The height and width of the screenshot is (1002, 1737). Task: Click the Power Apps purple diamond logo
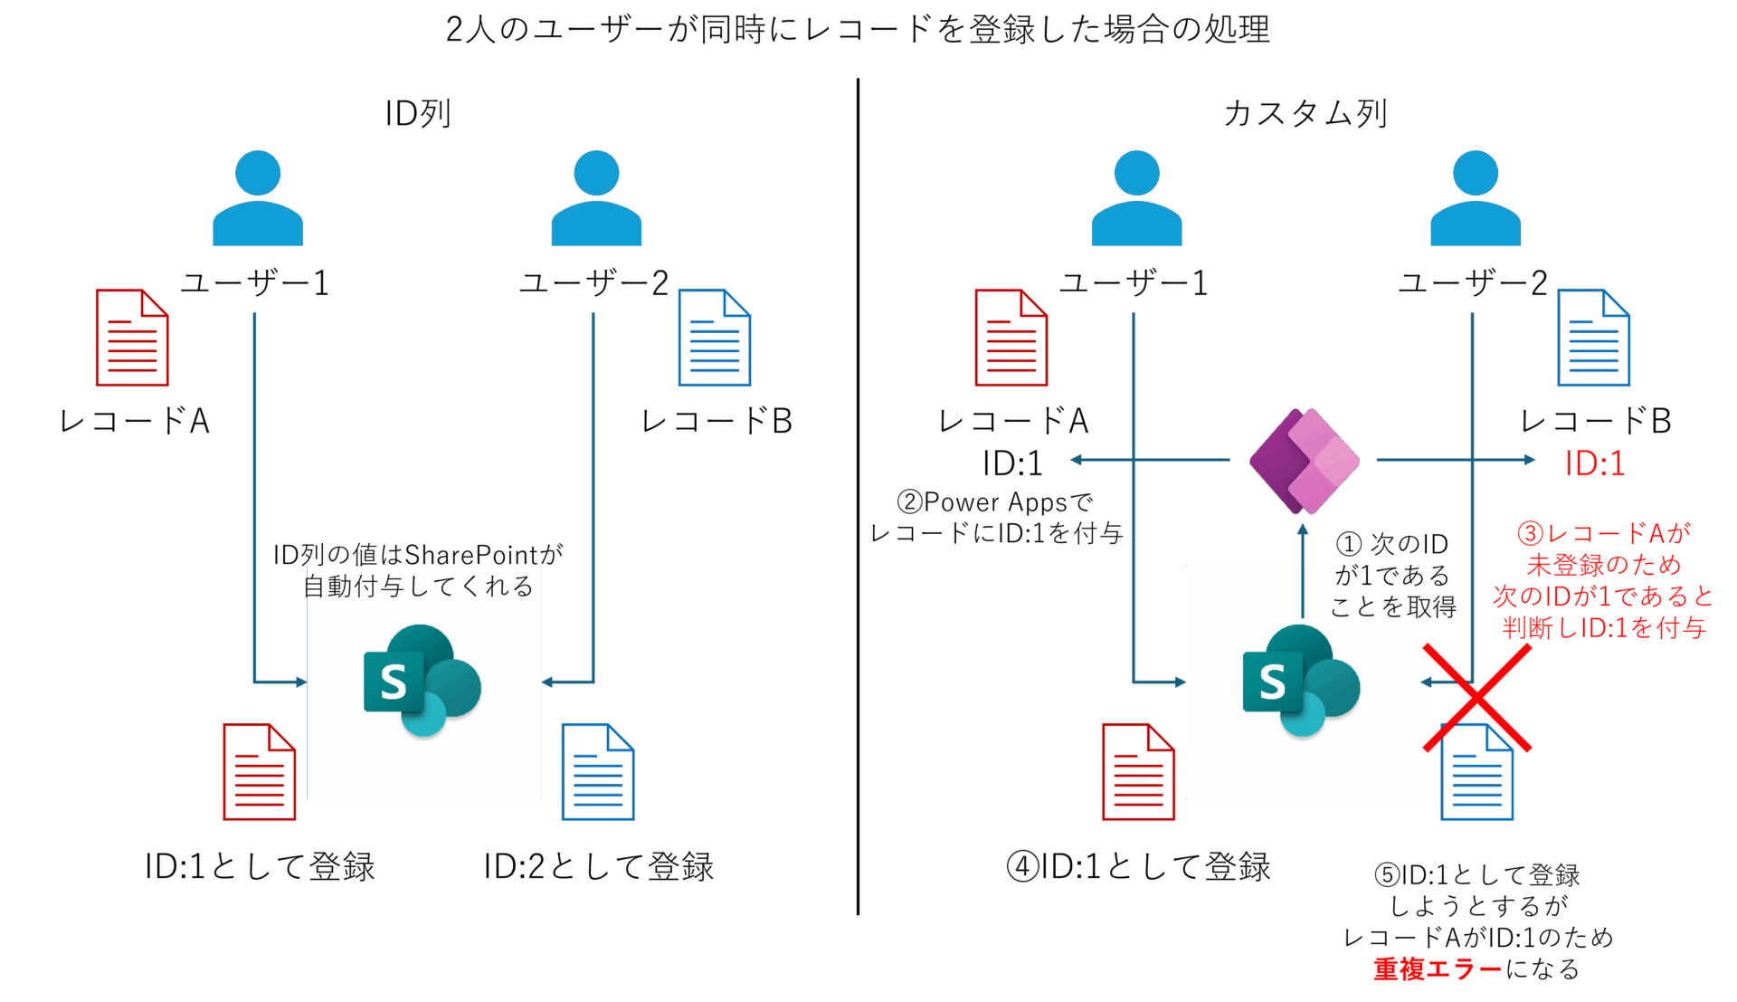1304,461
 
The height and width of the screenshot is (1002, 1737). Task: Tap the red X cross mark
1477,698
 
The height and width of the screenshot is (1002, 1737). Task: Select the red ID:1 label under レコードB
1595,463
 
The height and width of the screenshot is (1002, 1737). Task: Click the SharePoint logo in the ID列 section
422,681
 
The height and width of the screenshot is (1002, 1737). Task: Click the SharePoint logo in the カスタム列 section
1301,681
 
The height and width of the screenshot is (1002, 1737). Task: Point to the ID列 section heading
418,114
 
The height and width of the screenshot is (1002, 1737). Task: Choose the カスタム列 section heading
1305,114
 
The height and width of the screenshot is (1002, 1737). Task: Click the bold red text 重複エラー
1438,969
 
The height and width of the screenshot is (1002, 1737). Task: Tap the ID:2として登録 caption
598,866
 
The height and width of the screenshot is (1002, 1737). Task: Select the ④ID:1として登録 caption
1138,866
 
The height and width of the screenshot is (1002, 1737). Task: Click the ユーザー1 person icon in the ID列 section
258,198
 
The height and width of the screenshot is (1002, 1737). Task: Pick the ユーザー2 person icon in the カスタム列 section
1476,198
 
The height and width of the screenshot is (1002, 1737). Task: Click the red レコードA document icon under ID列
132,338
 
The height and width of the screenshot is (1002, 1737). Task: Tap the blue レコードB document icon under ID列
715,338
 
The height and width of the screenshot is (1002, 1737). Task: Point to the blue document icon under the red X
1477,772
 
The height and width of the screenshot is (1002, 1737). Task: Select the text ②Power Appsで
995,502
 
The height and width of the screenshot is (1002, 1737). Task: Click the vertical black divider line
858,496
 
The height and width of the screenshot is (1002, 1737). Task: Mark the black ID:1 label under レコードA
1013,463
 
